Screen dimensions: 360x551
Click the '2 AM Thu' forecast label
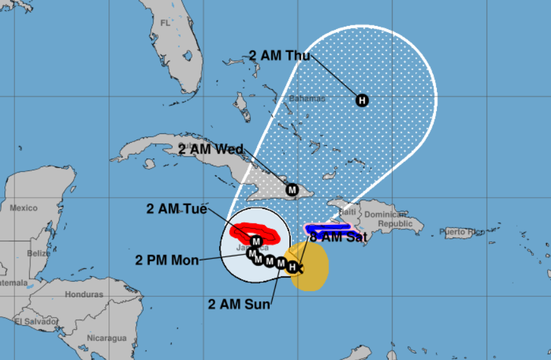coord(279,56)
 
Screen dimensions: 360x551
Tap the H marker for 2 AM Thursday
coord(362,100)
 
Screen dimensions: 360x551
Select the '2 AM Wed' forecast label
coord(210,150)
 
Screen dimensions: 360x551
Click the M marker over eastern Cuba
coord(292,189)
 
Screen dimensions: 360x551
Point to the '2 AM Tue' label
coord(177,209)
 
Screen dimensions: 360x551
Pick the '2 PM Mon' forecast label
coord(167,260)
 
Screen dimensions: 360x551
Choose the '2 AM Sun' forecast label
coord(240,304)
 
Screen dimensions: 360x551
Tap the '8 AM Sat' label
coord(338,237)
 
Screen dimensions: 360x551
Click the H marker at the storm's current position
coord(292,268)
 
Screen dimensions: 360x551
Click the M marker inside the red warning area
coord(256,241)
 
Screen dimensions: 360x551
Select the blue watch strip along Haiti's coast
coord(328,227)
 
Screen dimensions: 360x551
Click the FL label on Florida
coord(165,23)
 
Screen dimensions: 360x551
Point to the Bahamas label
coord(307,99)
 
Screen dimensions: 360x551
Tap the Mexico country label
coord(23,208)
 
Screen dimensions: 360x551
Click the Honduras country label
coord(83,294)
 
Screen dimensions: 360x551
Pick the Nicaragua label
coord(107,338)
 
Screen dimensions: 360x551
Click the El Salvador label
coord(37,321)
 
